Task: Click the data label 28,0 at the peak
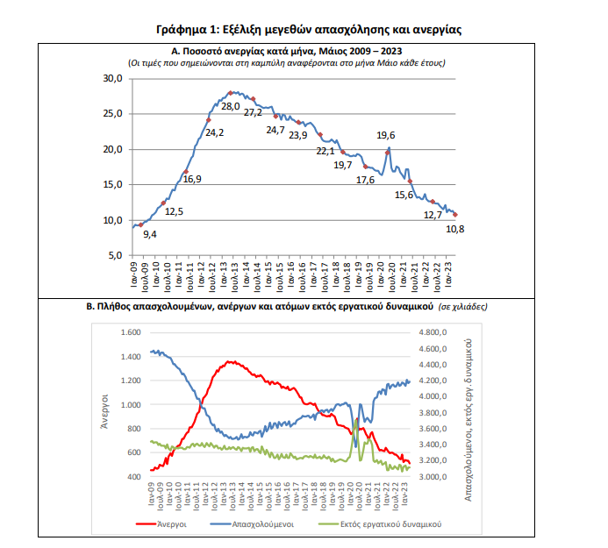230,106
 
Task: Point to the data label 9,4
149,234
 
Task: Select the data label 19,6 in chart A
386,135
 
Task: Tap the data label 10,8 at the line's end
455,229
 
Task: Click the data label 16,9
192,179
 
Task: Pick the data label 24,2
214,133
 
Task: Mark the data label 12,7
433,215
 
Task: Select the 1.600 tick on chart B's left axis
129,333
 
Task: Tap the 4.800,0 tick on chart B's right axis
434,333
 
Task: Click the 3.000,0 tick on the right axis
434,477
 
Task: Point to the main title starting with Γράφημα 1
309,30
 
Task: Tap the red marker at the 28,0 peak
230,93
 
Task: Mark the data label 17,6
365,180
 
